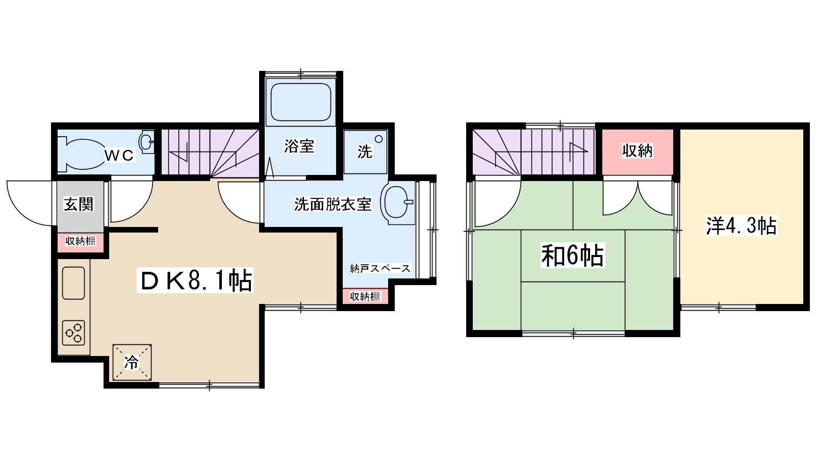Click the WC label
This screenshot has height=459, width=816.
[119, 156]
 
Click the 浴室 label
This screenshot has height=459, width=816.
[299, 146]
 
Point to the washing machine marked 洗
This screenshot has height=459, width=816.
[365, 152]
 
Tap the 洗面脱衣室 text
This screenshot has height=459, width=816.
[333, 205]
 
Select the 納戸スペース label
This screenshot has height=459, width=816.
[380, 268]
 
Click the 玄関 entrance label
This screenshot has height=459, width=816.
[79, 204]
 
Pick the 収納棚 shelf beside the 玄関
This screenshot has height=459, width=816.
[81, 241]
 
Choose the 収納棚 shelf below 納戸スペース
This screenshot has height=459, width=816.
[365, 296]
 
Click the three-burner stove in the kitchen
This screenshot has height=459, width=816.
[73, 333]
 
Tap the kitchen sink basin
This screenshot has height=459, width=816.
[73, 283]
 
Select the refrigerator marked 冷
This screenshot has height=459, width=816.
[132, 363]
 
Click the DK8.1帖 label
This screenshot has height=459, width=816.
[195, 280]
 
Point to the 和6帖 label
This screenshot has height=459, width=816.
[573, 256]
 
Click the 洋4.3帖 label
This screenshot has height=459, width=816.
[742, 226]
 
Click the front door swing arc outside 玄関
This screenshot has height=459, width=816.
[22, 211]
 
